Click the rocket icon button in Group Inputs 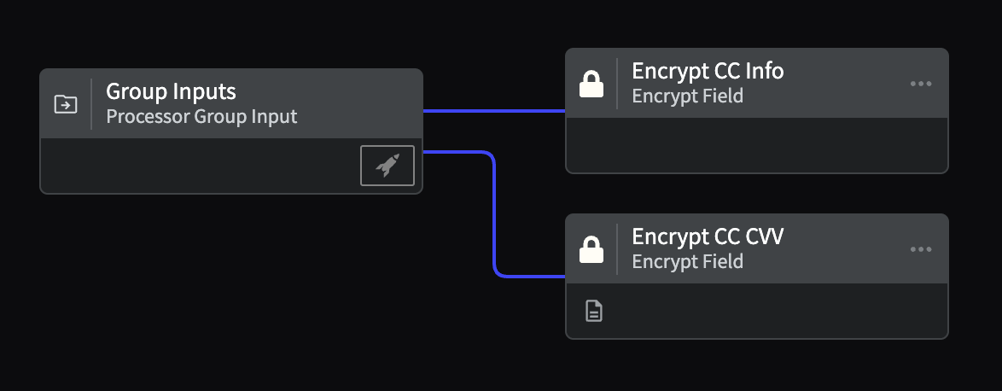(x=387, y=166)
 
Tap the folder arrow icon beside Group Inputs (x=66, y=104)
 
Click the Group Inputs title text (x=171, y=91)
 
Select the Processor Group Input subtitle (x=201, y=116)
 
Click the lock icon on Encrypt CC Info (x=591, y=84)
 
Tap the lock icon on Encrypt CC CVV (x=591, y=249)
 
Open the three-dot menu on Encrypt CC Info (x=920, y=84)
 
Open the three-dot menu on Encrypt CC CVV (x=920, y=249)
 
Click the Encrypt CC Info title (x=708, y=71)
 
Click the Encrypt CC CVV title (x=708, y=236)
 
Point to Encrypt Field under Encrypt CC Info (x=687, y=96)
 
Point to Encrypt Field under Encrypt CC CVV (x=687, y=261)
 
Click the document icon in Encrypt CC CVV (x=594, y=311)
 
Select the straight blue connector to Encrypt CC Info (x=494, y=111)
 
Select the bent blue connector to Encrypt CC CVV (x=495, y=214)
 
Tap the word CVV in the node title (x=764, y=236)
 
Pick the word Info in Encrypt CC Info (x=764, y=71)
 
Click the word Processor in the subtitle (x=148, y=116)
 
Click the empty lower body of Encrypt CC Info (x=756, y=145)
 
